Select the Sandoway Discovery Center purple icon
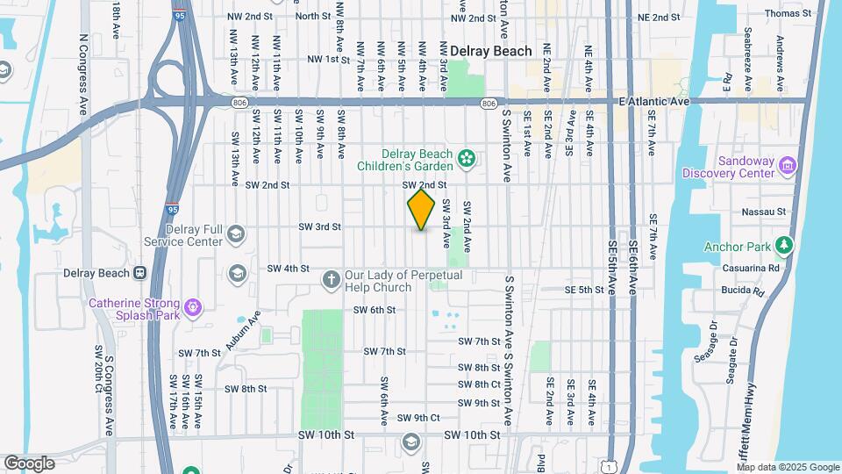pos(788,166)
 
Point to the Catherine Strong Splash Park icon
pos(195,307)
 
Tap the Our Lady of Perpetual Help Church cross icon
pos(331,280)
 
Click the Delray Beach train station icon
pos(139,272)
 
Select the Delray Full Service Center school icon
pos(235,233)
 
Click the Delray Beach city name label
pos(491,51)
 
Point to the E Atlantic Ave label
pos(653,102)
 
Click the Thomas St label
pos(782,13)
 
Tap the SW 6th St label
pos(375,310)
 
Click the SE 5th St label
pos(585,289)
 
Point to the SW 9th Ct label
pos(417,418)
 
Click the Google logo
pos(29,463)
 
